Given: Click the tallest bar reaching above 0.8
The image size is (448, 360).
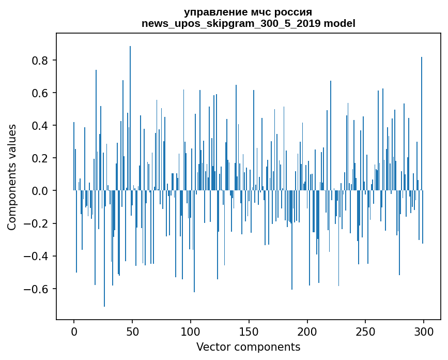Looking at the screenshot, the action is [130, 118].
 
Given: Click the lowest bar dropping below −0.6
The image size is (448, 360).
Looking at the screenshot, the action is [104, 248].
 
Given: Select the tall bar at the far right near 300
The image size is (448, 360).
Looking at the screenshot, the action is [422, 124].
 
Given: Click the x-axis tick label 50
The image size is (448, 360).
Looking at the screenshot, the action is [132, 332].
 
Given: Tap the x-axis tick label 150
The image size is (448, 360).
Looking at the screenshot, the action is [249, 332].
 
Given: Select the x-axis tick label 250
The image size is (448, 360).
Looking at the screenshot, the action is [365, 332].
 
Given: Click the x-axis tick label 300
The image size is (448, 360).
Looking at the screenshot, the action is [424, 332].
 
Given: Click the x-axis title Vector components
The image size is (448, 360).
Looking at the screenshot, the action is [248, 347].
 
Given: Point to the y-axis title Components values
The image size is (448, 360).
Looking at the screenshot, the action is [12, 177].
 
